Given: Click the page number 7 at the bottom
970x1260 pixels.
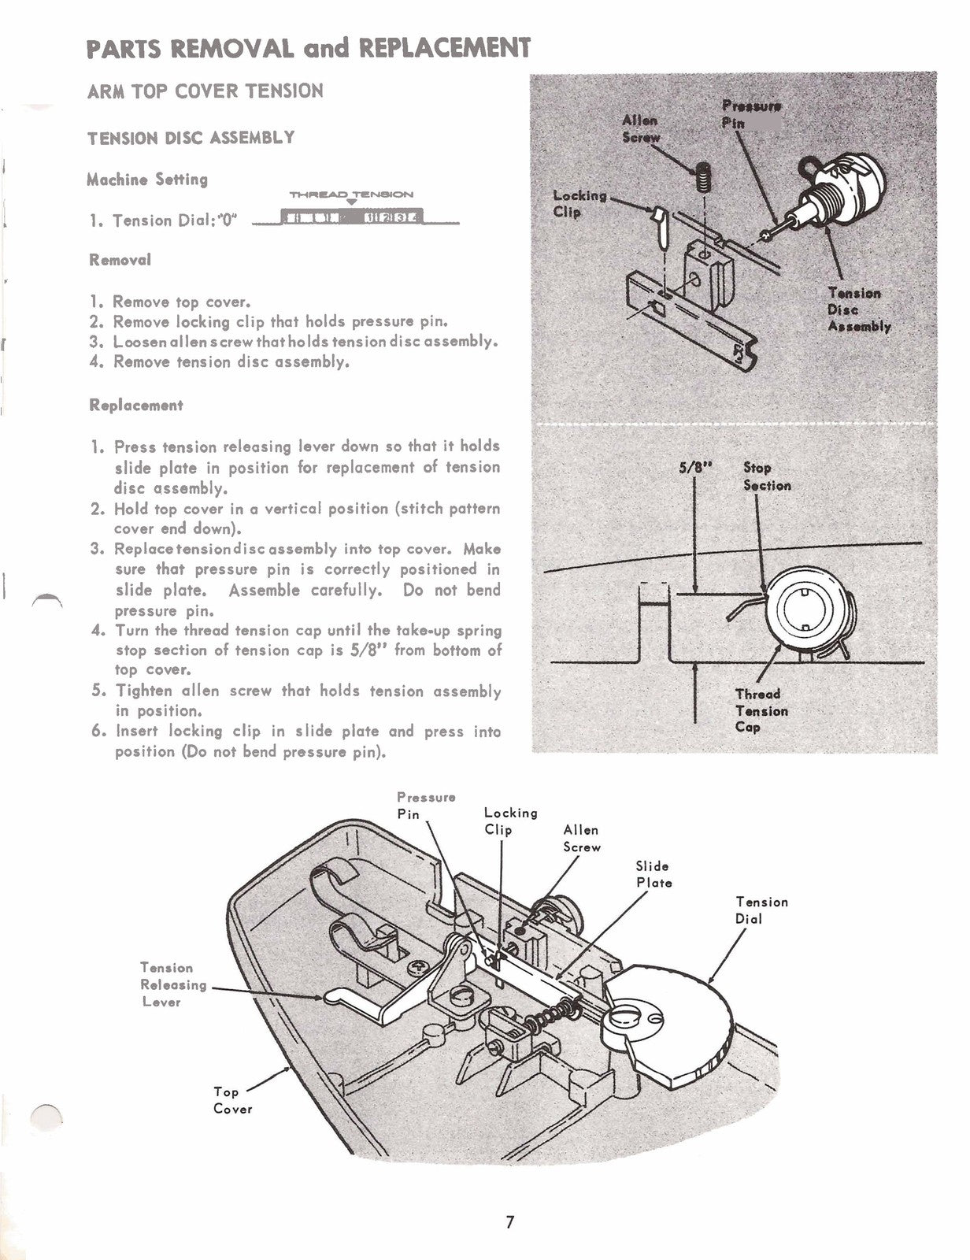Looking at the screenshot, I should [x=509, y=1223].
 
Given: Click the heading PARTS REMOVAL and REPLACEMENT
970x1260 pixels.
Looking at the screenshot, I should [x=309, y=48].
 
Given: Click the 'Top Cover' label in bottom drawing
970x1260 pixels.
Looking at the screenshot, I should [x=232, y=1100].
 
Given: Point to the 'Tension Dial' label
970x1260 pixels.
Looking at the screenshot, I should [x=761, y=910].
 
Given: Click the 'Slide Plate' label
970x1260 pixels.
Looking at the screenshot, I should [x=653, y=874].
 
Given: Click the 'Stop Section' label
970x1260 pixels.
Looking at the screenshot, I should [x=766, y=476].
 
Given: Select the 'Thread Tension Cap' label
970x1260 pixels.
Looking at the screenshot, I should [x=761, y=710].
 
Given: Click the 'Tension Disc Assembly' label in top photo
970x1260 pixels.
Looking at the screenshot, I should [x=858, y=309].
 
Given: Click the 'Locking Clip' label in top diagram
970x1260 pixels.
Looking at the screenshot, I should [x=579, y=203].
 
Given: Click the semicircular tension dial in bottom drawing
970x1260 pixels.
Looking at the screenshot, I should [x=677, y=1016].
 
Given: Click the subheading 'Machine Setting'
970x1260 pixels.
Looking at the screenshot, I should [x=147, y=180].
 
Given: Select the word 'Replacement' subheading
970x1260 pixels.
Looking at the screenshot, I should [x=135, y=406].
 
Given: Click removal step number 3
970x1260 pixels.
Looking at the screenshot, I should [x=294, y=342].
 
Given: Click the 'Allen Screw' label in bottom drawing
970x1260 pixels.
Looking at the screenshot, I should [x=582, y=839].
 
